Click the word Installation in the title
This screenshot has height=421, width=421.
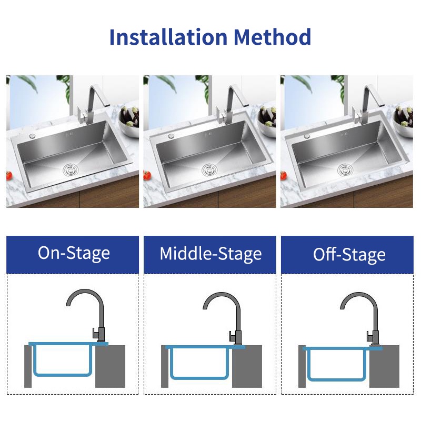[x=168, y=37]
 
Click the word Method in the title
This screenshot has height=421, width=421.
[x=272, y=37]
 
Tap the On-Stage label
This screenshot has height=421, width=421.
[x=74, y=253]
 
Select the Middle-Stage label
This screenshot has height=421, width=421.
[x=210, y=254]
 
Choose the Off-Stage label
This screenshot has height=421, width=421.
[x=349, y=254]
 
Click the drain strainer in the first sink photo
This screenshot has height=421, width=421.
[x=71, y=169]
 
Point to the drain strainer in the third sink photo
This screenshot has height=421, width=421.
[x=345, y=170]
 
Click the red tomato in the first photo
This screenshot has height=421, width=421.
[x=9, y=176]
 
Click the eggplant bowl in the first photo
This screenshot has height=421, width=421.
[x=129, y=122]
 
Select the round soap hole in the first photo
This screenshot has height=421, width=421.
[x=33, y=136]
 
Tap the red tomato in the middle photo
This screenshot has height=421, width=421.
[x=147, y=175]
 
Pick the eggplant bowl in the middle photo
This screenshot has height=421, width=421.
[x=267, y=122]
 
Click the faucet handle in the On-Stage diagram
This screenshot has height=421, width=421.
[x=95, y=333]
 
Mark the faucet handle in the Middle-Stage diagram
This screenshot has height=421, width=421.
[x=232, y=336]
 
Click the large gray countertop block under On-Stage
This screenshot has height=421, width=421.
[x=111, y=366]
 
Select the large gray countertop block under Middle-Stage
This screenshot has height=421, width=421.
[x=247, y=366]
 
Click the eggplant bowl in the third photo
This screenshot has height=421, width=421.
[x=404, y=122]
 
